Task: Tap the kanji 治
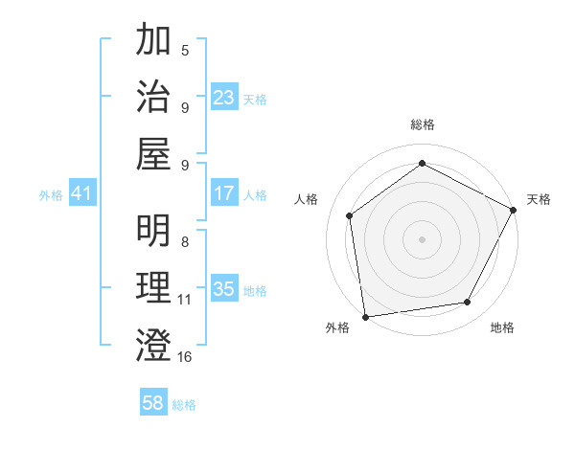coord(154,96)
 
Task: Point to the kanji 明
coord(154,231)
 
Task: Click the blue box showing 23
coord(224,97)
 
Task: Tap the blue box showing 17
coord(224,193)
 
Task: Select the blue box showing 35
coord(224,289)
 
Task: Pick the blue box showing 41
coord(82,193)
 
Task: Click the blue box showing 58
coord(153,403)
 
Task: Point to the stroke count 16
coord(185,357)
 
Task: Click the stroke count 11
coord(185,300)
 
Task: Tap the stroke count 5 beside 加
coord(185,50)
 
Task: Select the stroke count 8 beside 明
coord(185,242)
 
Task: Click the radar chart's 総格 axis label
coord(423,124)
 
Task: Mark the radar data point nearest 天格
coord(515,210)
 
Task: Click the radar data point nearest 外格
coord(365,316)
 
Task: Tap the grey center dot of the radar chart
coord(423,238)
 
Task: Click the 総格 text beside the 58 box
coord(185,405)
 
